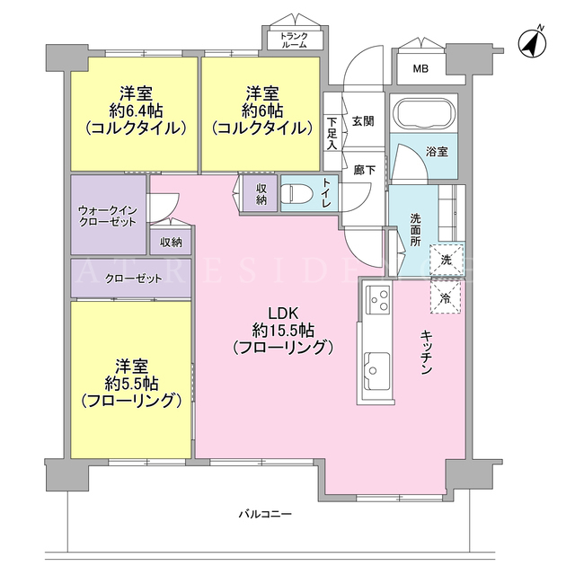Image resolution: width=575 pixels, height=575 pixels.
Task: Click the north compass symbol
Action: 532,42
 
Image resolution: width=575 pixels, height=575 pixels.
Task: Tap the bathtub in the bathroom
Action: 424,113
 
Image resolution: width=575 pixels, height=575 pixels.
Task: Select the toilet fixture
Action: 296,193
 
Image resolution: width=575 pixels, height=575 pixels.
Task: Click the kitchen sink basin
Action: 376,371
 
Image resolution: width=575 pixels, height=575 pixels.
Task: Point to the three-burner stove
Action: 379,300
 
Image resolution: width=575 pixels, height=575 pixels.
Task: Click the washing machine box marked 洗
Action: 447,260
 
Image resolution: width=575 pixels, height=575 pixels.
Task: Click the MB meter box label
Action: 420,68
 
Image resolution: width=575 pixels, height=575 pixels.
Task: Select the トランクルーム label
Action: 294,40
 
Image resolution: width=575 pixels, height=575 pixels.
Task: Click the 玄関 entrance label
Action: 363,121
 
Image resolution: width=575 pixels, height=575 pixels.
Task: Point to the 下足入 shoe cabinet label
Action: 332,133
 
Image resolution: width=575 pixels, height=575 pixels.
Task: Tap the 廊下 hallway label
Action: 364,170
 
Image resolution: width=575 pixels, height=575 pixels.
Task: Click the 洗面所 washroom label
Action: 415,230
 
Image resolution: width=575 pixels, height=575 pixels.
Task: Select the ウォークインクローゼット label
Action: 108,216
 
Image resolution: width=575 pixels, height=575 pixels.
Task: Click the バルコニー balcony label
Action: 265,514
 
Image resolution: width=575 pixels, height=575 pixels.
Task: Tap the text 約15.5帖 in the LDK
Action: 283,331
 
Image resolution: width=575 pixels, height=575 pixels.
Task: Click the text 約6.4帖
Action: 137,111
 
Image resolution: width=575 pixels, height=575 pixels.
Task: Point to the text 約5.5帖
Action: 132,384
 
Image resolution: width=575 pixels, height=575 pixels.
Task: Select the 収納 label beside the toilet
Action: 261,194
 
